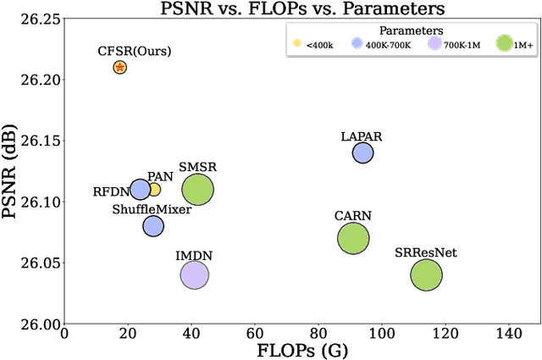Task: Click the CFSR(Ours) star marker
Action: tap(120, 67)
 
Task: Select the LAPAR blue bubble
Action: tap(362, 152)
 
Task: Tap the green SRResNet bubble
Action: tap(426, 274)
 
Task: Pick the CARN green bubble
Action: tap(353, 239)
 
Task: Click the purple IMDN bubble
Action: tap(195, 274)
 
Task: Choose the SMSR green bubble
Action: tap(198, 190)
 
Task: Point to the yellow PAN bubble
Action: tap(154, 190)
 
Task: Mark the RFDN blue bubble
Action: tap(140, 190)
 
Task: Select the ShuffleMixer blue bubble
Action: tap(153, 226)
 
